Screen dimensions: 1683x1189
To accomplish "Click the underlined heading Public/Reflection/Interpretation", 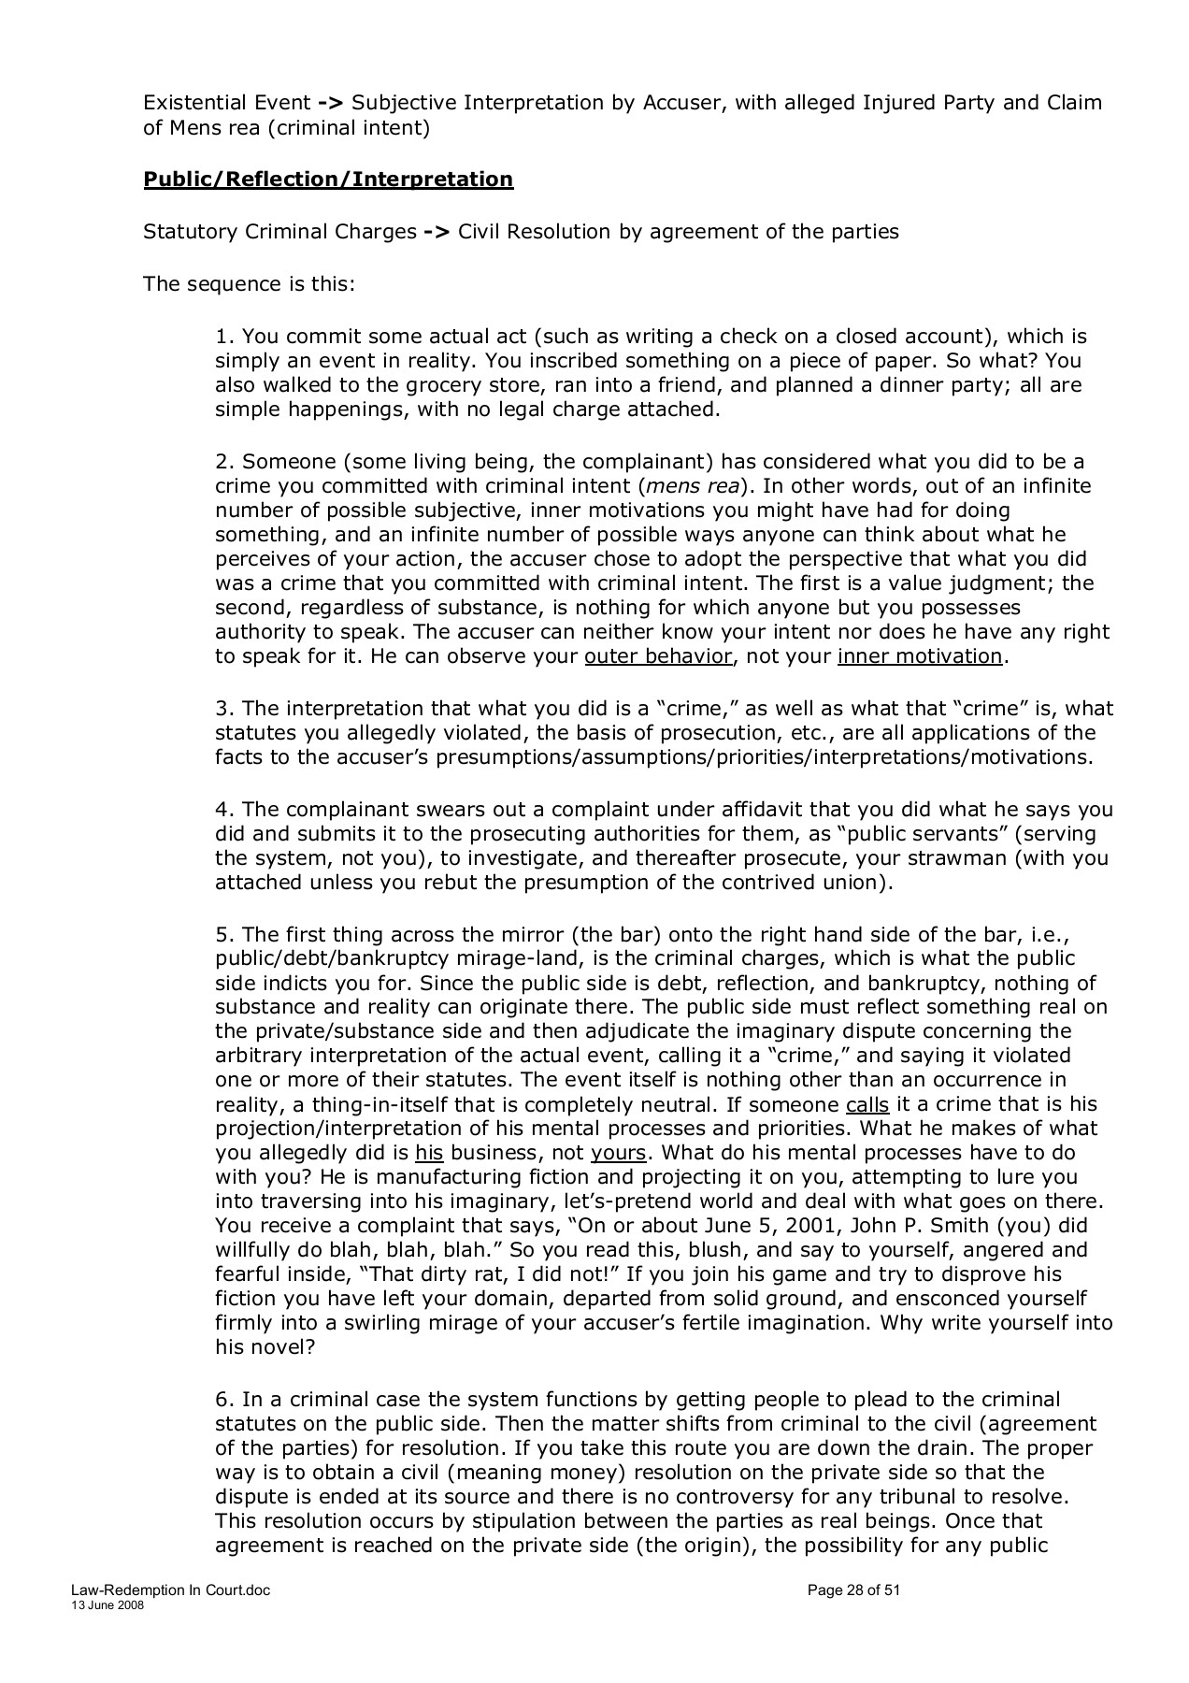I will [x=328, y=179].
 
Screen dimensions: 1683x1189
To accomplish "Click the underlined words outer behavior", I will [x=658, y=655].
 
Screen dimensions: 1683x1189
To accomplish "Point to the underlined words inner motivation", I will [x=920, y=655].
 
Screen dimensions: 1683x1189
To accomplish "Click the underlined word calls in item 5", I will [x=867, y=1103].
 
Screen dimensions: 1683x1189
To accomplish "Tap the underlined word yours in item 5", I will [x=618, y=1152].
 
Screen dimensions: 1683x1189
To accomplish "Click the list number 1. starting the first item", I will [x=224, y=336].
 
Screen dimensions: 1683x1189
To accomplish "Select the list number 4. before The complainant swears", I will [x=224, y=809].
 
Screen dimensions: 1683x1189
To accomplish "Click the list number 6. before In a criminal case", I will [x=224, y=1399].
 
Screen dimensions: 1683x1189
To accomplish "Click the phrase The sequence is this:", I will [x=249, y=283].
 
